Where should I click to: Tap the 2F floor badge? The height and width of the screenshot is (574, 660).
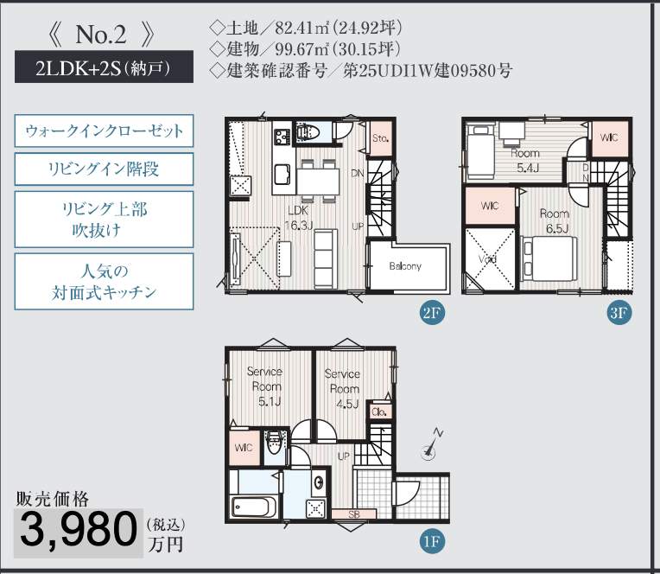(432, 313)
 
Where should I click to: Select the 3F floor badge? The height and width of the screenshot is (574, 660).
(619, 313)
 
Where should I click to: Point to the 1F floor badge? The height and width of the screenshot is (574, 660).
(432, 541)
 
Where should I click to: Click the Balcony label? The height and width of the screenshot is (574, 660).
(405, 266)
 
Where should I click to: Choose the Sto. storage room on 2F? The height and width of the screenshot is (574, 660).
(380, 138)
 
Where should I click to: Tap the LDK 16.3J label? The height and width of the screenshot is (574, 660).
(298, 218)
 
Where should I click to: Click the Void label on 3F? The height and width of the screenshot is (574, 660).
(488, 259)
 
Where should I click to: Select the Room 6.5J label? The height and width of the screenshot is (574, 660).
(555, 220)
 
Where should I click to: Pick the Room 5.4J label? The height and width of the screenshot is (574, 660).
(525, 161)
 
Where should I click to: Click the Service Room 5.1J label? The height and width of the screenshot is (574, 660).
(265, 386)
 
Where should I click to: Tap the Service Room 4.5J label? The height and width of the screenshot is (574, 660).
(343, 389)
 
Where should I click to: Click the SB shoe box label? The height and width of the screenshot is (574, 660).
(353, 514)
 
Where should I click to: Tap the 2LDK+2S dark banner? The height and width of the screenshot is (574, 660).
(104, 67)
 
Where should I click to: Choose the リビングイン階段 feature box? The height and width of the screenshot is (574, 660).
(104, 169)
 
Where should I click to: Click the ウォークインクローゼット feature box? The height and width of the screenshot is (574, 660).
(104, 131)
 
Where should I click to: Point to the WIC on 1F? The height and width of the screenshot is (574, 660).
(244, 448)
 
